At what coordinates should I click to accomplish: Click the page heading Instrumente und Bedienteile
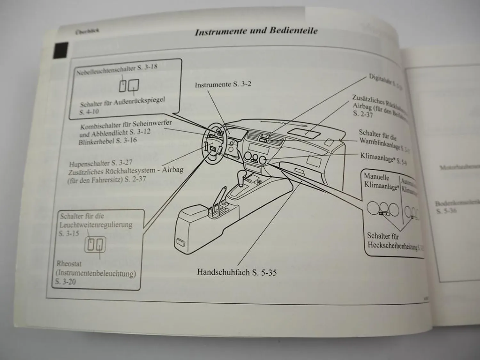256,31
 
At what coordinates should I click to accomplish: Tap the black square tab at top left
61,50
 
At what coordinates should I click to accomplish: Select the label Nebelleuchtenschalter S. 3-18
117,69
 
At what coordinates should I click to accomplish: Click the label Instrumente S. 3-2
223,85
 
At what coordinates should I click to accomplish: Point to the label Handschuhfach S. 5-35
237,273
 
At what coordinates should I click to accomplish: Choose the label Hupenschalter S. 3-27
100,163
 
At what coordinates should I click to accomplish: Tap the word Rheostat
69,264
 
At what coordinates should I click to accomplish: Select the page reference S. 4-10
89,112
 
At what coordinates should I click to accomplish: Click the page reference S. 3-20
65,282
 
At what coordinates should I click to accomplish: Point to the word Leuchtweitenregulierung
96,224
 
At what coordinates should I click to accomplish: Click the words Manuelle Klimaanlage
381,181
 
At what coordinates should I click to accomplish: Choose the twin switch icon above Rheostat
95,245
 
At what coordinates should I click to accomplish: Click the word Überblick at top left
87,31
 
